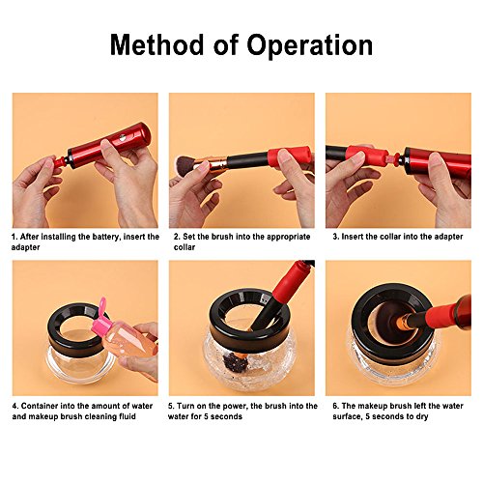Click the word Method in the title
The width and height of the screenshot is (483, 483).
[157, 44]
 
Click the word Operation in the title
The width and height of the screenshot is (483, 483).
[310, 45]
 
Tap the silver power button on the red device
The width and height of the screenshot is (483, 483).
[123, 138]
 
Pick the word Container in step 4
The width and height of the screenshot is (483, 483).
[39, 406]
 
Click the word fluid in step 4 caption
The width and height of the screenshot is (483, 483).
[127, 416]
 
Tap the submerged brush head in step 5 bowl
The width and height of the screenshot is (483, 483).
[238, 360]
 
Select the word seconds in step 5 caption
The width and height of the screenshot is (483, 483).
[226, 416]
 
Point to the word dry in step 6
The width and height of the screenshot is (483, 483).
[422, 417]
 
